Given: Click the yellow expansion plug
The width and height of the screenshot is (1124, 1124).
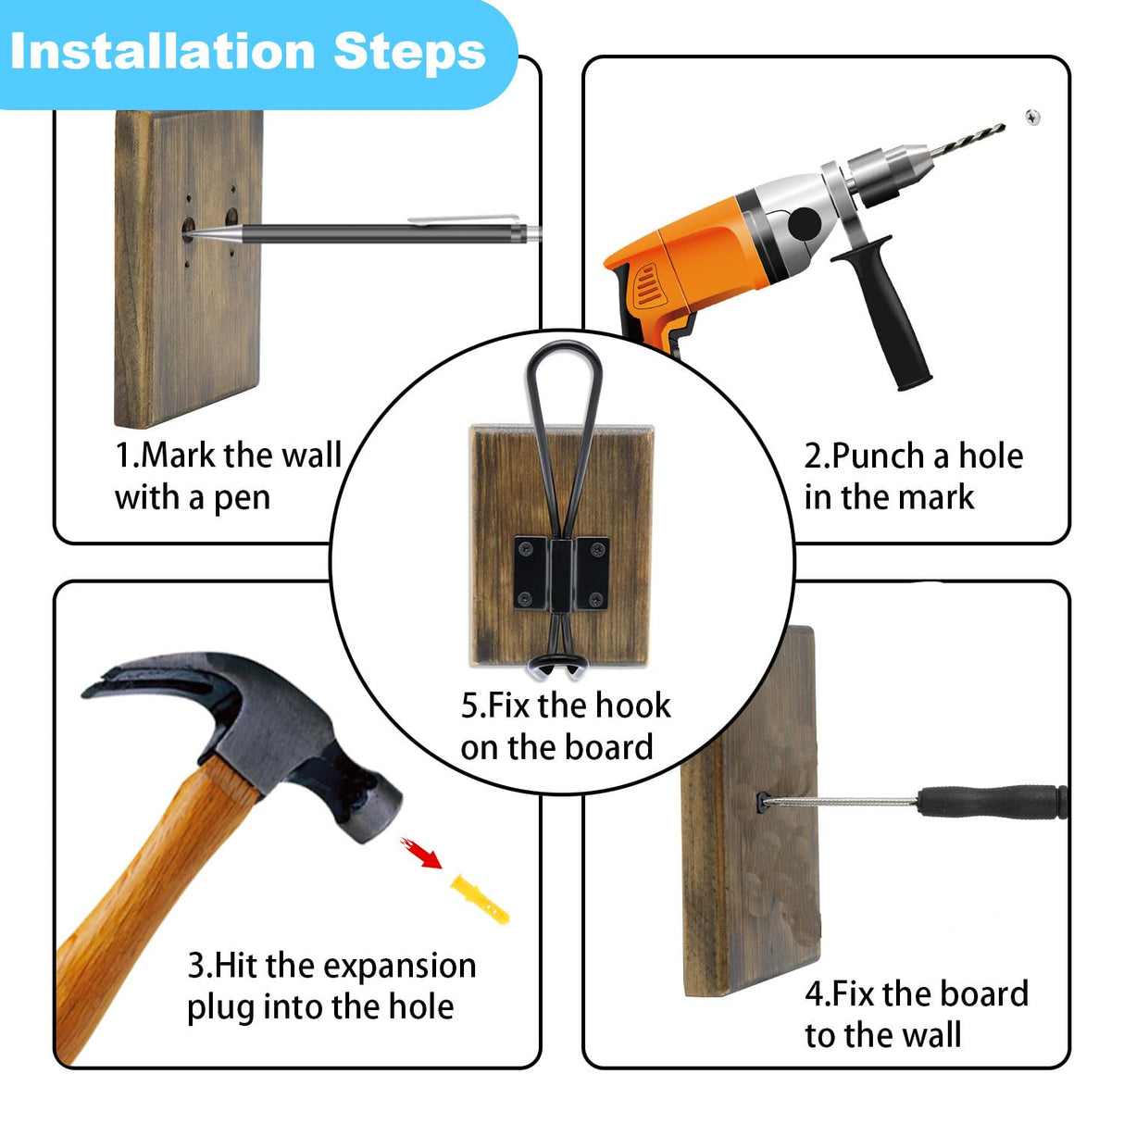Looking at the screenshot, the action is point(480,899).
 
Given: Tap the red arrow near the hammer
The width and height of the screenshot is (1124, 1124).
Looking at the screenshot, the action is point(420,853).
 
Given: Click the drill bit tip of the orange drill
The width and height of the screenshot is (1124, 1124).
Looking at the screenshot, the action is point(1003,126).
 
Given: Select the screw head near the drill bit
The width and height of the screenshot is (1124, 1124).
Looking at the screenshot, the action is point(1032,118).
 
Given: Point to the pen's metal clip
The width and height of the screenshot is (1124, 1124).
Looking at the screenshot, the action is point(464,219).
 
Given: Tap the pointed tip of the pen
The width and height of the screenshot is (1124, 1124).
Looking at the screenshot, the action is point(188,235).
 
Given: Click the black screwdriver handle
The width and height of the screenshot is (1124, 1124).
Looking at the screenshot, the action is point(993,802).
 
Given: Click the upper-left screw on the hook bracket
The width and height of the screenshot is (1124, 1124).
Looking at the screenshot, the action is point(525,548).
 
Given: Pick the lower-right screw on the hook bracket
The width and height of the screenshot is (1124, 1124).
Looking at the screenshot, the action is point(596,598).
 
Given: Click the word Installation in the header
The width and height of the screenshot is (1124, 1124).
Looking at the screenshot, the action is point(163,53).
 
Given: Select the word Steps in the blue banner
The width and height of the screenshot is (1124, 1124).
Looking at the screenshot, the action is point(409,54).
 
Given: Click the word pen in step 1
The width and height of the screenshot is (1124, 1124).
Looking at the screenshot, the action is point(242,499).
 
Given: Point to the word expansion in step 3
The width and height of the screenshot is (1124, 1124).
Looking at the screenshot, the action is point(400,968).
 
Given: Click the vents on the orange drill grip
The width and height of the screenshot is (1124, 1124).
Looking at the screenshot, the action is point(649,285).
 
